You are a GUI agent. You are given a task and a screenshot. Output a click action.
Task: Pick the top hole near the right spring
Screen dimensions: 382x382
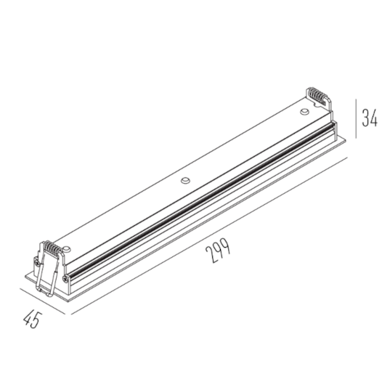[304, 111]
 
